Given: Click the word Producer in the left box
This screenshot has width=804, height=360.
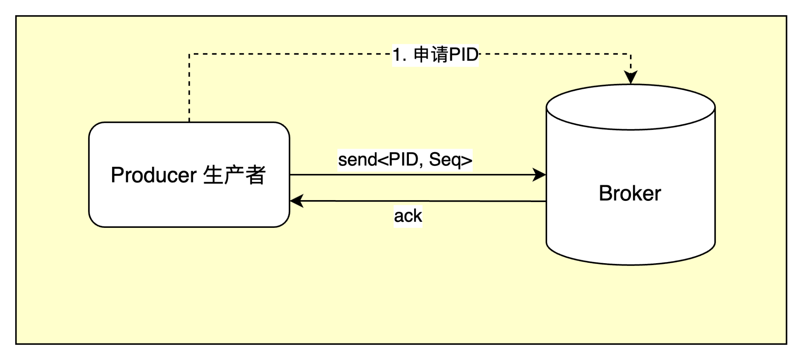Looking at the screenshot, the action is pos(154,175).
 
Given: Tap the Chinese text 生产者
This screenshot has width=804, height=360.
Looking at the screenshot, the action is pos(234,175).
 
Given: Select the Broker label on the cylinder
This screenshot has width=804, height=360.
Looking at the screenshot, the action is pos(630,193).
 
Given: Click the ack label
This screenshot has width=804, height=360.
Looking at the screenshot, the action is pos(408,216).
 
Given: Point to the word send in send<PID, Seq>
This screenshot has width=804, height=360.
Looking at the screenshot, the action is pos(357,160).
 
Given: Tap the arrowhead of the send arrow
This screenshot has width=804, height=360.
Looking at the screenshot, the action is pos(539,175).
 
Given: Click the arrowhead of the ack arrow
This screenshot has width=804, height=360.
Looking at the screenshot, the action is pos(297,200).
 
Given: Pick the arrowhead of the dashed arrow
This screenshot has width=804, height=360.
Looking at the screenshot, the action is pos(631,77).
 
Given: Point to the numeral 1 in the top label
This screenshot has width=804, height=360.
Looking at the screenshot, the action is pos(397,55).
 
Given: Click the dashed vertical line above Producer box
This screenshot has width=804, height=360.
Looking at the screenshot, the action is pos(189,88).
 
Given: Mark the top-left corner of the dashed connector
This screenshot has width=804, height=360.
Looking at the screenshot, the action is pos(189,54).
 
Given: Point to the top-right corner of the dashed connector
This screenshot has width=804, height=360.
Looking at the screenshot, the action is pos(631,54).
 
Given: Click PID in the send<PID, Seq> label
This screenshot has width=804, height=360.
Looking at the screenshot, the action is pos(404,160).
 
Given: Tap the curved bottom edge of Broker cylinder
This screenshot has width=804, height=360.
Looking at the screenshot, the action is pos(631,265).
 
